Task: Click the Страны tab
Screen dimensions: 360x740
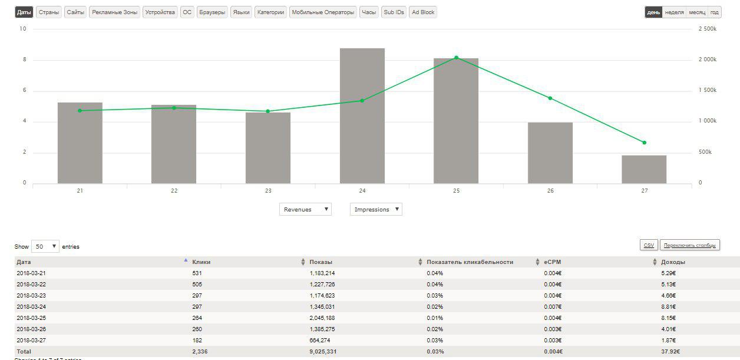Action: [48, 12]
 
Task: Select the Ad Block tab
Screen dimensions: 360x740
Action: [423, 12]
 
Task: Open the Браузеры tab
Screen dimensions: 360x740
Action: [212, 12]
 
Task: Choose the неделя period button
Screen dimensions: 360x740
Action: [674, 12]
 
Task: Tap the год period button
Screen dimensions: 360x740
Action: [714, 12]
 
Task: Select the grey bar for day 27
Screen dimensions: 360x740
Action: [644, 170]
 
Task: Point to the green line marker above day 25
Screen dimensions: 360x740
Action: [457, 58]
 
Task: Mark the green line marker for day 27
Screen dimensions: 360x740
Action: [644, 143]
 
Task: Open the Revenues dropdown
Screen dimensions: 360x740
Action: [305, 209]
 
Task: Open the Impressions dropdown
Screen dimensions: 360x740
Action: [376, 209]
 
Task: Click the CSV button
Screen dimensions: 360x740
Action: [649, 245]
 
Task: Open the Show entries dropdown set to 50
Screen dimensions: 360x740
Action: [45, 246]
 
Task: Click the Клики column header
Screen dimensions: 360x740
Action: [201, 262]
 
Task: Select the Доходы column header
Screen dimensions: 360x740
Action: [673, 262]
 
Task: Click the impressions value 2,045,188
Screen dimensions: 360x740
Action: [322, 318]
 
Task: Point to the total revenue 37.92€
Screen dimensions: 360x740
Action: [670, 352]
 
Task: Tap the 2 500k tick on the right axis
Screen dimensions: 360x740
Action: [707, 29]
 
